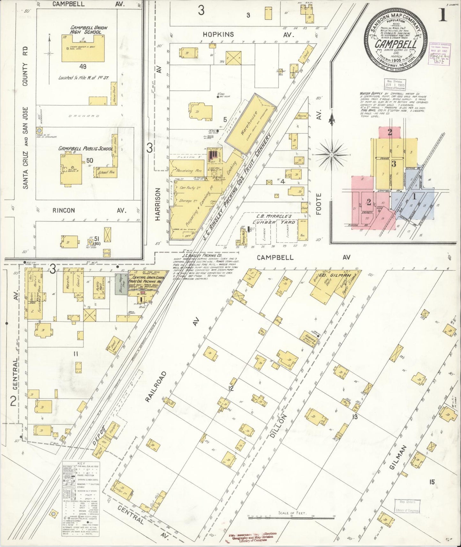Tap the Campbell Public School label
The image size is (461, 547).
[85, 148]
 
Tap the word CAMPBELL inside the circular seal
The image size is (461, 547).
[396, 44]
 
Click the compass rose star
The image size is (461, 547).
[332, 154]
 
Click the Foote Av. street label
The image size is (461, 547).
[318, 204]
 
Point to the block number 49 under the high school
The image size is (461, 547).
[83, 67]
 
